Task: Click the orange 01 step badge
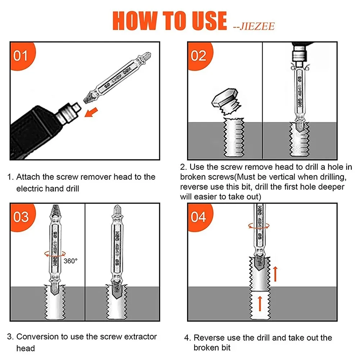click(x=21, y=55)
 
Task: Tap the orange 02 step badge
click(x=199, y=55)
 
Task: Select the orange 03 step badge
click(x=21, y=217)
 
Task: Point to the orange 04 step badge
click(x=199, y=217)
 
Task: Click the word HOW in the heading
click(x=134, y=20)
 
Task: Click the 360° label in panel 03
click(x=71, y=261)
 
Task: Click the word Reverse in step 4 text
click(x=209, y=338)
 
